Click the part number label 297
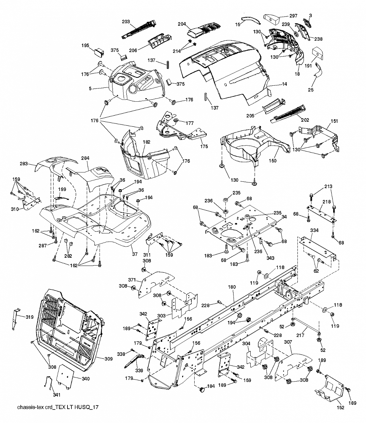click(293, 16)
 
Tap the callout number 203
click(126, 21)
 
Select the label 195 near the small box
click(85, 45)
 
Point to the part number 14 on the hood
click(284, 84)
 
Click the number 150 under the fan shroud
click(272, 161)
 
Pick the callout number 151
click(334, 121)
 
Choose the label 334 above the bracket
click(314, 230)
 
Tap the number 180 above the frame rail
click(232, 287)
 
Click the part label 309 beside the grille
click(109, 359)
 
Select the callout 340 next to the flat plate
click(86, 379)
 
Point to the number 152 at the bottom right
click(341, 407)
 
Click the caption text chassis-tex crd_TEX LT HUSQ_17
click(58, 407)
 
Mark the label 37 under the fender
click(135, 254)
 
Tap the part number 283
click(24, 163)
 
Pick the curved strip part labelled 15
click(251, 20)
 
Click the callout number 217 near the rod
click(300, 335)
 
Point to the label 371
click(132, 280)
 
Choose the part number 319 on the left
click(30, 317)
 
